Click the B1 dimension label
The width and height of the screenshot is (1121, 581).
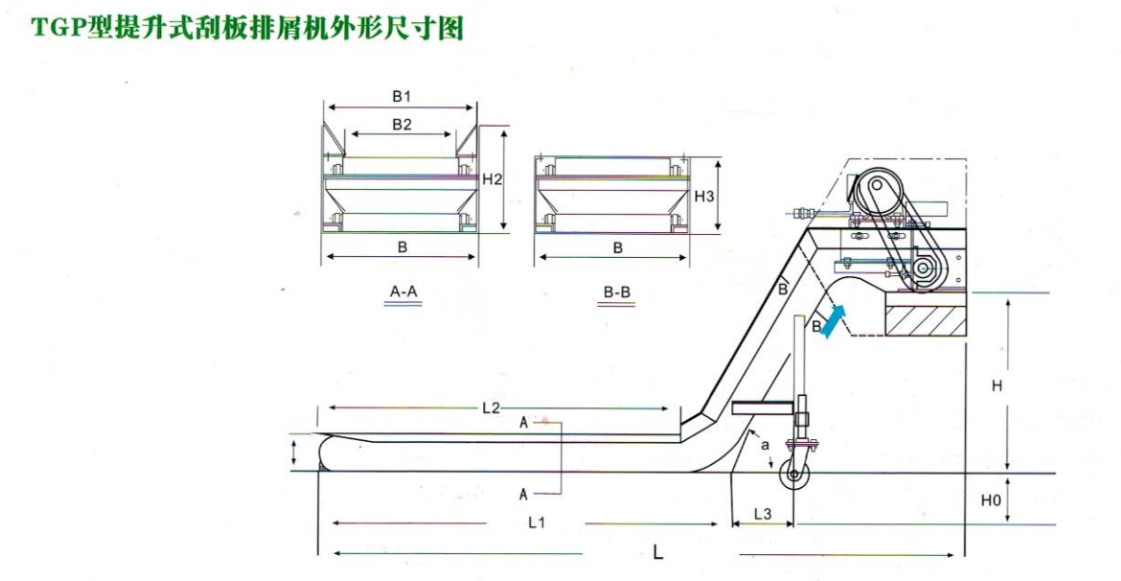click(401, 96)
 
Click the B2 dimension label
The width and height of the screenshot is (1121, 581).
click(401, 124)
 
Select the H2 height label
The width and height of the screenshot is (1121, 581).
click(492, 179)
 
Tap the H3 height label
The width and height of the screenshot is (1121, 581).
click(704, 196)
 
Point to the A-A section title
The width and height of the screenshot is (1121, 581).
click(402, 290)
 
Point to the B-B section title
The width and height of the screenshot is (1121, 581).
click(617, 290)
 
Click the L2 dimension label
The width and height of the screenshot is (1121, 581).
click(491, 407)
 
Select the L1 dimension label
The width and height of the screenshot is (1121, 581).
click(538, 523)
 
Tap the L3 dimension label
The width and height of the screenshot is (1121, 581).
click(763, 514)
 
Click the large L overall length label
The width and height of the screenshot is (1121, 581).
click(658, 552)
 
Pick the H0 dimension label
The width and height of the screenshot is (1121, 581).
click(992, 500)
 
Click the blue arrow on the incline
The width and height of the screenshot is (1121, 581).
click(834, 320)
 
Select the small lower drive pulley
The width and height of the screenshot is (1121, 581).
click(922, 269)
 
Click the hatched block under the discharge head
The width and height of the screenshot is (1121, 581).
click(926, 315)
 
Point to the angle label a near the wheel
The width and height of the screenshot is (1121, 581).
click(764, 446)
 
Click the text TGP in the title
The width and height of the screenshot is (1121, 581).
click(58, 29)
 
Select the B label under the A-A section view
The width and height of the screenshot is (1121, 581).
click(402, 246)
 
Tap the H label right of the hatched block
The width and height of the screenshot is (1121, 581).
click(996, 385)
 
